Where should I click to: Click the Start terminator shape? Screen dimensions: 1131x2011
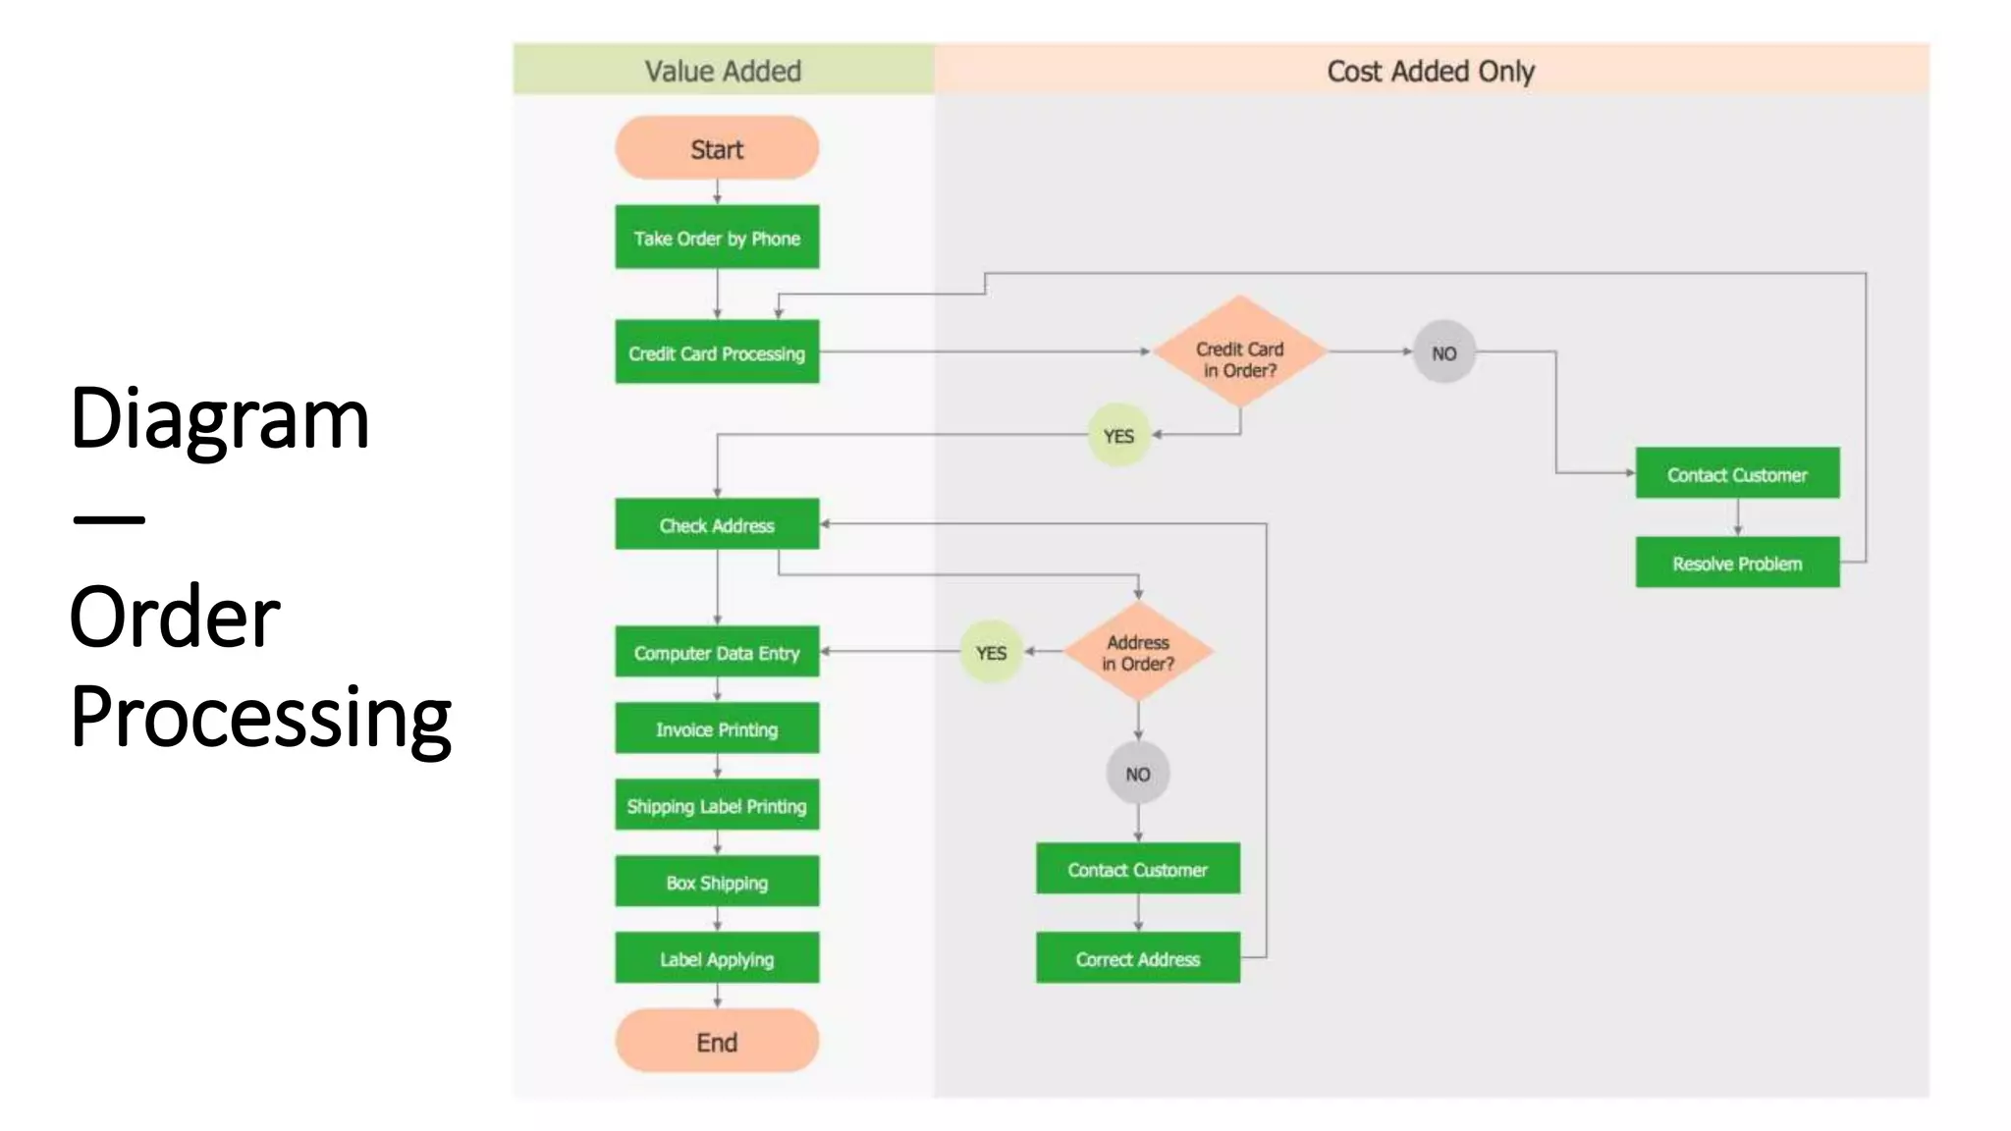point(717,148)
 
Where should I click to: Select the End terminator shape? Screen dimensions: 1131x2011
point(717,1042)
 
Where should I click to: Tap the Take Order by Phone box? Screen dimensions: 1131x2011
point(717,238)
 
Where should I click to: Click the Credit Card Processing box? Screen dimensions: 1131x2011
point(717,352)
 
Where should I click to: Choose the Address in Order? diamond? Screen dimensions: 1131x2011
point(1138,652)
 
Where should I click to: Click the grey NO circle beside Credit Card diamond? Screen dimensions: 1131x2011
point(1443,352)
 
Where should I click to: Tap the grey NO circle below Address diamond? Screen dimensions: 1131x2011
point(1137,774)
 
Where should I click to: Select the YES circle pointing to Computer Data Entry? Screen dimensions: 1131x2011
point(991,652)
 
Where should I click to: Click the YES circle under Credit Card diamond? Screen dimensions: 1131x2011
point(1118,435)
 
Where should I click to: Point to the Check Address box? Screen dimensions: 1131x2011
point(717,524)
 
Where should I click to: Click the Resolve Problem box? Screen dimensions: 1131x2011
point(1737,563)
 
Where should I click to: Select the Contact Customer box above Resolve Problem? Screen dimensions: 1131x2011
point(1737,474)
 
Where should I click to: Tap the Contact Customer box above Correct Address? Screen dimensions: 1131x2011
point(1137,869)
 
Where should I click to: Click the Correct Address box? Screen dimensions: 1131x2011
point(1137,958)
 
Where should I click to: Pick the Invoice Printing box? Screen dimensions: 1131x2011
point(717,728)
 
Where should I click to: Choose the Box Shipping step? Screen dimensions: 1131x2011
point(717,882)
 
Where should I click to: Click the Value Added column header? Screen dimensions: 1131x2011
point(723,71)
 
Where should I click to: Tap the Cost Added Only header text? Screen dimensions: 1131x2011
point(1430,71)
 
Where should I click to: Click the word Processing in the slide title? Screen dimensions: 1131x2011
point(261,717)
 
